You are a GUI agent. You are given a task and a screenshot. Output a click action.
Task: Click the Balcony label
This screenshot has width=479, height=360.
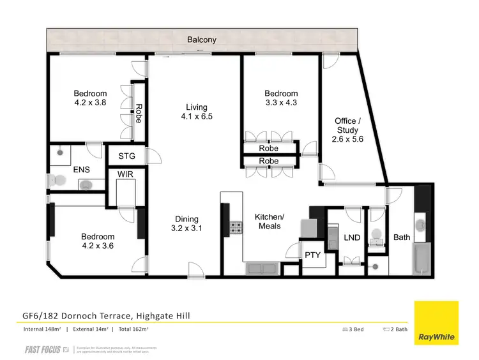pyautogui.click(x=201, y=40)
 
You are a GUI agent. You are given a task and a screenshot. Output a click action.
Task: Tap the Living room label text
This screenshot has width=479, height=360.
pyautogui.click(x=197, y=107)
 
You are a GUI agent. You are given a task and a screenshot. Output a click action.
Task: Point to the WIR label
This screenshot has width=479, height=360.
pyautogui.click(x=125, y=175)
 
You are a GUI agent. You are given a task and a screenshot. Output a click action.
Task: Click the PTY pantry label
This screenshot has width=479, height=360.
pyautogui.click(x=312, y=255)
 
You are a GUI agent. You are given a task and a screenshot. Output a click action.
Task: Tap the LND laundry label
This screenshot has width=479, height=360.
pyautogui.click(x=353, y=237)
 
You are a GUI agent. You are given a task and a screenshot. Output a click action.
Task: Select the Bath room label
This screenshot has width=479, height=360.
pyautogui.click(x=402, y=237)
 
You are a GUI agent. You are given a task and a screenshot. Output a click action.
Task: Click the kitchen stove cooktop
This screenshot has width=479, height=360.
pyautogui.click(x=238, y=227)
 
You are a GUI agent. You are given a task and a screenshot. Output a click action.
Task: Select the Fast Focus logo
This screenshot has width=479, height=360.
pyautogui.click(x=43, y=349)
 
